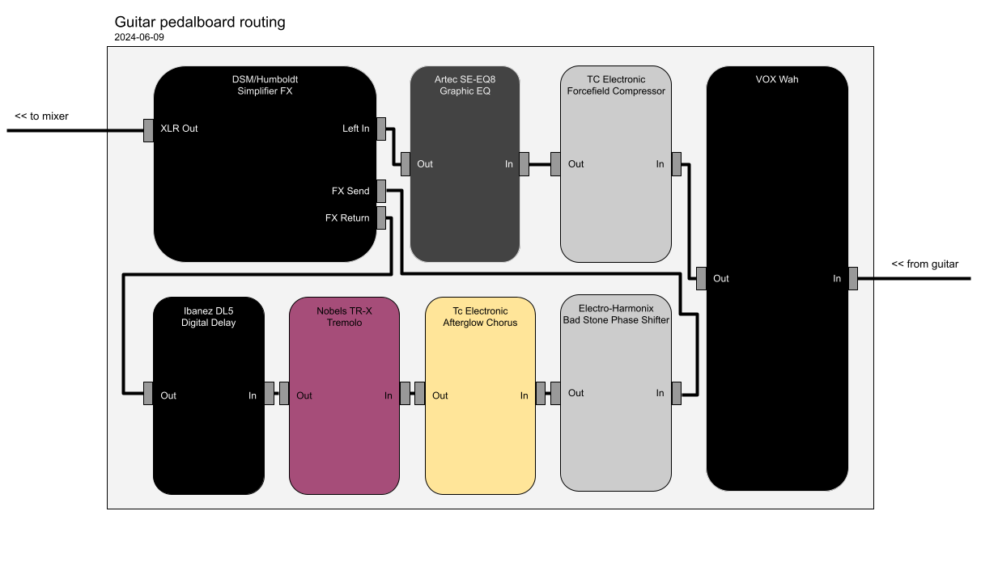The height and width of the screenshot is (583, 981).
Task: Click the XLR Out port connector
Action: (x=148, y=129)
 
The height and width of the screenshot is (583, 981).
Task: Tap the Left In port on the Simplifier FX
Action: (x=380, y=129)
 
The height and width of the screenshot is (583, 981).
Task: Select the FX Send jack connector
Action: (x=380, y=191)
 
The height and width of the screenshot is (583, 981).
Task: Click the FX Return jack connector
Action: (x=380, y=218)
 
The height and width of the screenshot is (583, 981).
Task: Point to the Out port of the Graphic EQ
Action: (x=406, y=164)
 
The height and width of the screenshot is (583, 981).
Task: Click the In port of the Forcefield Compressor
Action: (x=676, y=164)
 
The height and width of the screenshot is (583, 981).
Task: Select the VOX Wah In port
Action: (x=852, y=279)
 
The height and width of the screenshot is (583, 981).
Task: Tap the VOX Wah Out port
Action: (x=701, y=279)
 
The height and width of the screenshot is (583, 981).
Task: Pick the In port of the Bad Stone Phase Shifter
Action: (x=676, y=393)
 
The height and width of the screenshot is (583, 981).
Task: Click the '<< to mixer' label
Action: (x=41, y=116)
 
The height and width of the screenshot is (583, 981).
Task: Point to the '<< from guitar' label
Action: (x=924, y=264)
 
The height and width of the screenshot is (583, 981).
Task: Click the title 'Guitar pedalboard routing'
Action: (x=200, y=23)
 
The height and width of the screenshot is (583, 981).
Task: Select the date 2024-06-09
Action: (x=139, y=37)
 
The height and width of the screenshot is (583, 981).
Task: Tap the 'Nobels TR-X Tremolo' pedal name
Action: (x=344, y=316)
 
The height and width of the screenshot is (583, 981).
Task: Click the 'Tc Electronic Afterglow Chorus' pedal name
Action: (x=480, y=316)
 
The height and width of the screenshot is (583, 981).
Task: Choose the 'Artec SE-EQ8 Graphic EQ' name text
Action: (x=465, y=85)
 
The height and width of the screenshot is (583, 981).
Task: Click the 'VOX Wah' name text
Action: (x=776, y=79)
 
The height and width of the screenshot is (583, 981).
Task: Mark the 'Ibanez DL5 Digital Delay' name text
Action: (x=208, y=316)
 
